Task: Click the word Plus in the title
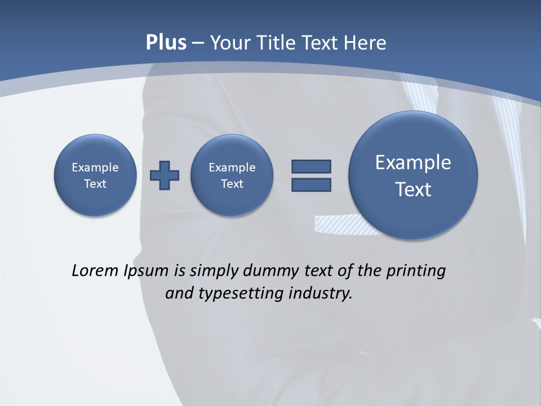click(166, 43)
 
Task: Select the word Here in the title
click(365, 43)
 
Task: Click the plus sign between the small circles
click(165, 175)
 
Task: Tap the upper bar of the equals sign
click(311, 166)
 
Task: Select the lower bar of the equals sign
click(311, 184)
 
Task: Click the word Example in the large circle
click(413, 162)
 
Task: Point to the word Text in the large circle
click(413, 189)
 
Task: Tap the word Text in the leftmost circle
click(95, 184)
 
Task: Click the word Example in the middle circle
click(232, 167)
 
